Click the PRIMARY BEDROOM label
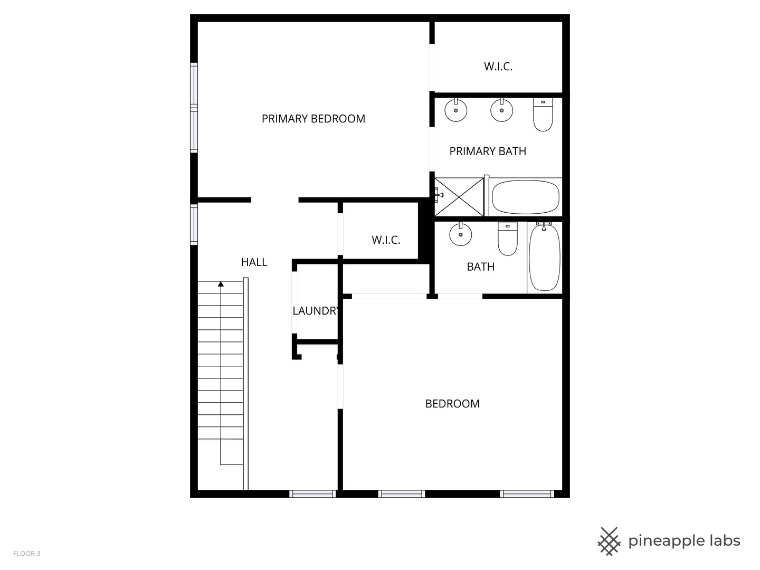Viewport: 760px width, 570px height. point(313,119)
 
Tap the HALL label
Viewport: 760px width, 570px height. point(254,262)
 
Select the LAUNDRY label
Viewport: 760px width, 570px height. point(316,311)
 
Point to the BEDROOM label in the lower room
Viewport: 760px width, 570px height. point(452,404)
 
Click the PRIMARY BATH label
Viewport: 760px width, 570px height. point(488,151)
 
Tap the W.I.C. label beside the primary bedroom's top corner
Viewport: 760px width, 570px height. point(498,66)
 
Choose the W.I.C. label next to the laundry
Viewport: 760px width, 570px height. point(386,240)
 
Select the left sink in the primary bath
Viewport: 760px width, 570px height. point(455,110)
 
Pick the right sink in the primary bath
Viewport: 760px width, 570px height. point(501,110)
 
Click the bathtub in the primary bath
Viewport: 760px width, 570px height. point(525,197)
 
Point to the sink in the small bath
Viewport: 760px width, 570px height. point(460,234)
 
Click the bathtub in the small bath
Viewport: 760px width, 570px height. point(544,257)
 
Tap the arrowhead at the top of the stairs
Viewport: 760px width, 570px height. point(221,284)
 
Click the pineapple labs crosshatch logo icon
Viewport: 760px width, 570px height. point(609,541)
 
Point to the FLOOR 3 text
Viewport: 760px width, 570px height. point(26,554)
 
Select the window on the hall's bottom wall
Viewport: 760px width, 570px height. point(312,494)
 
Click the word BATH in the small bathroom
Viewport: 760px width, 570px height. point(480,267)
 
